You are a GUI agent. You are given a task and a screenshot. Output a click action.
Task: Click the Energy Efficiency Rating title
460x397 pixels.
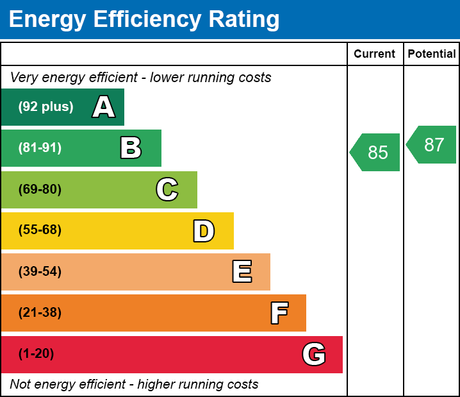[144, 20]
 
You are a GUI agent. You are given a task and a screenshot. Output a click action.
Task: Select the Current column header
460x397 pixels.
[374, 55]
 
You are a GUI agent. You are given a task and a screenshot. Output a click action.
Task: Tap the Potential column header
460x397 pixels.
[432, 55]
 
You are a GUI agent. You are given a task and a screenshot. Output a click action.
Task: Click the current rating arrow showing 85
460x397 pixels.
[376, 153]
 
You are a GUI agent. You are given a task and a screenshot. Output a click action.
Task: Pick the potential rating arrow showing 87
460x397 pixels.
[432, 145]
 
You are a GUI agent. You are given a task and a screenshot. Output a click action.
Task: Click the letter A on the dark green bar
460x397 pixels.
[104, 107]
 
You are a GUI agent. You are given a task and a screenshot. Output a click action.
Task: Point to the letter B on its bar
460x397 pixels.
[131, 148]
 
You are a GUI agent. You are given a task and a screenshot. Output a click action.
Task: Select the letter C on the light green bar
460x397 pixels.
[167, 189]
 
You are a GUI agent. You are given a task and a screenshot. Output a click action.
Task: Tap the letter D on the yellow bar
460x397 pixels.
[204, 231]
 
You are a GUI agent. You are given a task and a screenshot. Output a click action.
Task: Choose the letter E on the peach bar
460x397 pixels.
[242, 272]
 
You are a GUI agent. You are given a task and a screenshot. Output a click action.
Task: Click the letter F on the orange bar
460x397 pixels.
[279, 313]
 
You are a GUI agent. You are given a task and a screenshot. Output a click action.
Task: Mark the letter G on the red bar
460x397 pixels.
[314, 354]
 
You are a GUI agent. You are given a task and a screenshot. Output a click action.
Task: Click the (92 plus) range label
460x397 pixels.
[45, 107]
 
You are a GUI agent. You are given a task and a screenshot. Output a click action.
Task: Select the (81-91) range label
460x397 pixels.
[40, 148]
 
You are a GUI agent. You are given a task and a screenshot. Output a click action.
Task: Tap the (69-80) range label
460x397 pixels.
[40, 189]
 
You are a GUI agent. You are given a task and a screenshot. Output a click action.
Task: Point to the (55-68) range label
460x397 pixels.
[40, 230]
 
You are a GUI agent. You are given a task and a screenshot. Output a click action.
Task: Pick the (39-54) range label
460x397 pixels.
[40, 272]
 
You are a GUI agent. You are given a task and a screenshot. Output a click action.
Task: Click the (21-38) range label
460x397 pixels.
[40, 313]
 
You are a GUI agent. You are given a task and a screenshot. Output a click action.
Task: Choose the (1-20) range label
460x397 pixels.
[36, 354]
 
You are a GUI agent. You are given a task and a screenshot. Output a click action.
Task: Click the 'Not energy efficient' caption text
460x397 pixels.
[134, 385]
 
